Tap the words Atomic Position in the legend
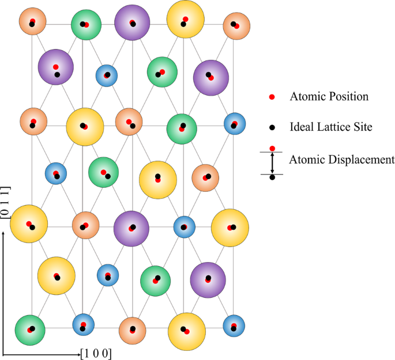(329, 97)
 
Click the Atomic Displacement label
(342, 159)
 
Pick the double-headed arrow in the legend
(272, 163)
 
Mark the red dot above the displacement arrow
(272, 148)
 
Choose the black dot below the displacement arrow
(272, 177)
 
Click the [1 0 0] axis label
(96, 353)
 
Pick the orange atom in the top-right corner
(235, 25)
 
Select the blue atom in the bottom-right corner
(234, 327)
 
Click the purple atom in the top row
(133, 23)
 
